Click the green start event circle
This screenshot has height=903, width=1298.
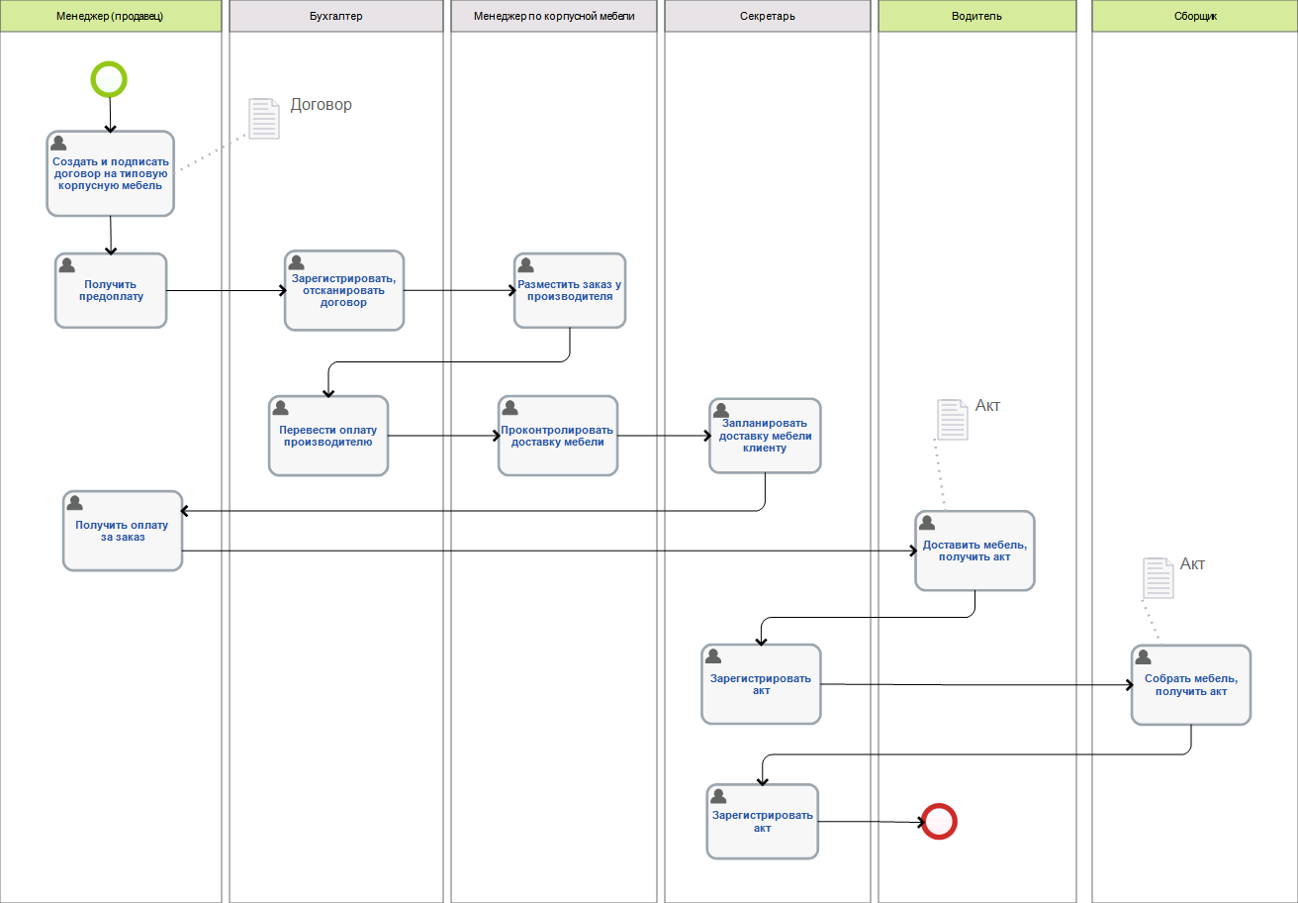click(x=109, y=79)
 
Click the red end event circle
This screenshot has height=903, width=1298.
click(x=939, y=821)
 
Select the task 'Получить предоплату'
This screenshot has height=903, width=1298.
click(x=111, y=290)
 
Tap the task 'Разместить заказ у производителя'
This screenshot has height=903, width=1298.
click(x=570, y=290)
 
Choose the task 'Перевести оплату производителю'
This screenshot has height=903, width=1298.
click(x=327, y=436)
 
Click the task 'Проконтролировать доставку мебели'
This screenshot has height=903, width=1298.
click(x=557, y=436)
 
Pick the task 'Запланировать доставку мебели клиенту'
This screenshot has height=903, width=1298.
click(x=765, y=436)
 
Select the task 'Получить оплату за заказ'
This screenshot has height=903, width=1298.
click(x=123, y=531)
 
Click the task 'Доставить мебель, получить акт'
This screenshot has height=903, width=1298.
click(x=974, y=551)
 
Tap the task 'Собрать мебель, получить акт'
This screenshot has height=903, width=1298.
click(x=1191, y=684)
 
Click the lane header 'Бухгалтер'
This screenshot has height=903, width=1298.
click(x=336, y=16)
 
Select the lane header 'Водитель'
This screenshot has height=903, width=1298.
click(x=976, y=16)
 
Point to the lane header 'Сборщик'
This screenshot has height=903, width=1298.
click(x=1194, y=16)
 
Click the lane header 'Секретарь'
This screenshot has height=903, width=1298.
click(x=767, y=16)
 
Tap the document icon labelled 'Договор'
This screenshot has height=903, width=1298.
click(x=263, y=118)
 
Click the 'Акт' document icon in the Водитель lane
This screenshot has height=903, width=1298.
click(x=951, y=419)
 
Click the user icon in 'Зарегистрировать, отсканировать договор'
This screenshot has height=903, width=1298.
click(x=296, y=263)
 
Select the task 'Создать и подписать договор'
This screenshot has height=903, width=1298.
click(x=111, y=173)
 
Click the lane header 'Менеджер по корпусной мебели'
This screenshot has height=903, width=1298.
click(x=554, y=16)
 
